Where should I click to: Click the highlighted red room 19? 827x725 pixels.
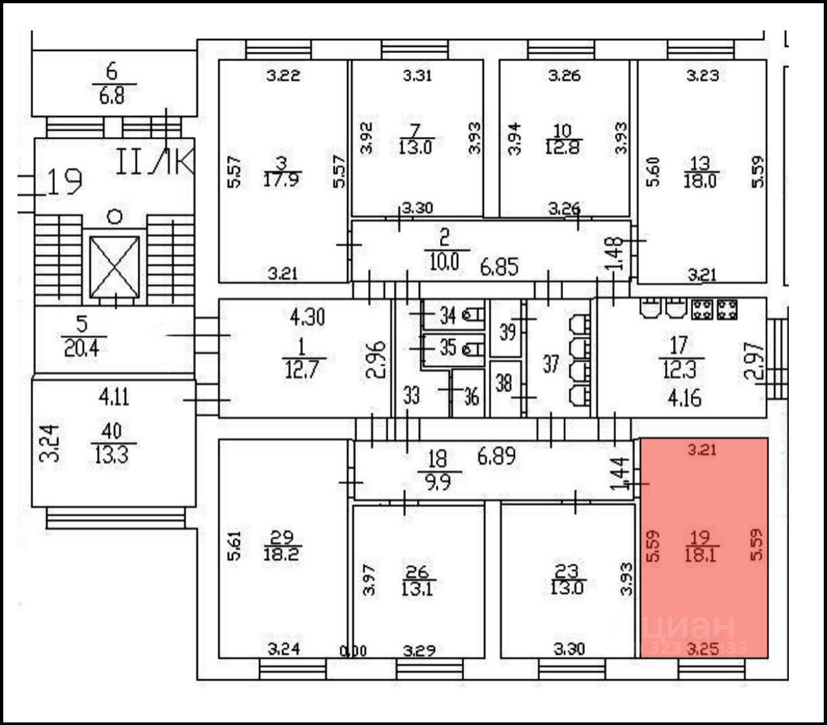[704, 547]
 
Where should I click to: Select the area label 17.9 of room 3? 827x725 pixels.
[283, 179]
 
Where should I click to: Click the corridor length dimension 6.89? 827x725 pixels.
[497, 456]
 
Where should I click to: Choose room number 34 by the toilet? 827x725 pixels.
[448, 315]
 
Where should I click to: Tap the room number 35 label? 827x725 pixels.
[448, 348]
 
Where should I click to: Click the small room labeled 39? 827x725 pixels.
[507, 331]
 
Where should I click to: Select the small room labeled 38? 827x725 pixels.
[503, 384]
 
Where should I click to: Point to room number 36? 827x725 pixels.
[471, 396]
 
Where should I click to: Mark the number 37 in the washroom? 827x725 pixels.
[550, 364]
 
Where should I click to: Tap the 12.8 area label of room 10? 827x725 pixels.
[564, 147]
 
